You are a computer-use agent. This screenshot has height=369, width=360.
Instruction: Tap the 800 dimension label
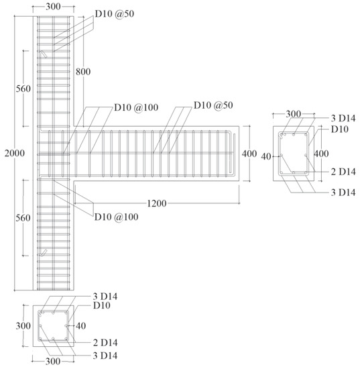[83, 70]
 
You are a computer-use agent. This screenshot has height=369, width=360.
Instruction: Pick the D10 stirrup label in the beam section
[339, 129]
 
